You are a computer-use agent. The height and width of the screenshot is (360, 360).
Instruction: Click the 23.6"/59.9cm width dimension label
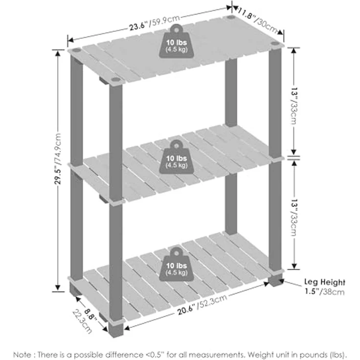[154, 23]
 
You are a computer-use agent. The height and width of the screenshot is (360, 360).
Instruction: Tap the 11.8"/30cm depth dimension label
[257, 21]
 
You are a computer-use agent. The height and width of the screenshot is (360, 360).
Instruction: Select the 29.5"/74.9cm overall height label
[58, 158]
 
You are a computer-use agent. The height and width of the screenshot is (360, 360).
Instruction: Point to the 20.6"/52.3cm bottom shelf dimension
[202, 305]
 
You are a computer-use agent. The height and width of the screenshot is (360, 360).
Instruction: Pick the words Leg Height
[325, 282]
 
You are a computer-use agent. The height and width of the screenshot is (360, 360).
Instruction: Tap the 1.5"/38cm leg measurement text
[324, 292]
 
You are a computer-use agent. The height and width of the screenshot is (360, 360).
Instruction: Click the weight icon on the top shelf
[176, 41]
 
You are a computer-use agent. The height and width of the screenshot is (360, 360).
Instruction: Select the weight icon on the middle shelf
[176, 157]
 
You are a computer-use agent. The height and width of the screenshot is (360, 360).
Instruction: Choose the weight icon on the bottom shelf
[176, 264]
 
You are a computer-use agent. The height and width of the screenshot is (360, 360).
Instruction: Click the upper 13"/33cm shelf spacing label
[294, 106]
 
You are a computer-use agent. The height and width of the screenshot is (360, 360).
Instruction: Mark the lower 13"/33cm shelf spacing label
[294, 218]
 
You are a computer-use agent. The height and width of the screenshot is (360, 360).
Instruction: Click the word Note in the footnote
[22, 354]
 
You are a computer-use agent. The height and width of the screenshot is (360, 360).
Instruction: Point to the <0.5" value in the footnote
[156, 354]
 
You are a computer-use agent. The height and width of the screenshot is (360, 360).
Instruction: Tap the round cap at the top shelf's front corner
[116, 80]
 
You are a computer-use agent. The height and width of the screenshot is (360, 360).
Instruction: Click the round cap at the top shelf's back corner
[231, 17]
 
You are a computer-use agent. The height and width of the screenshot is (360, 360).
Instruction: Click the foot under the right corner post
[275, 280]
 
